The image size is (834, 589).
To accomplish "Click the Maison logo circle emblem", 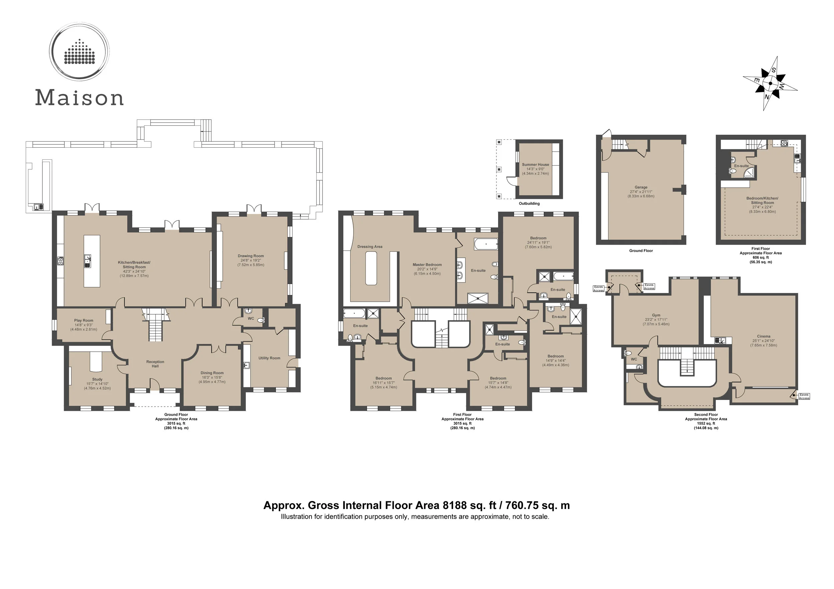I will click(79, 52).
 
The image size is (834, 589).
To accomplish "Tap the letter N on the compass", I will click(767, 97).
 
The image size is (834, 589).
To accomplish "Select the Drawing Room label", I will click(251, 256).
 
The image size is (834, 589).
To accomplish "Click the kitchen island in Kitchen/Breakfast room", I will click(91, 261).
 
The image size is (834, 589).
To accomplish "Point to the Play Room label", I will click(83, 320).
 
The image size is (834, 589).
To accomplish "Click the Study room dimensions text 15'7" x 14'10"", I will click(97, 384).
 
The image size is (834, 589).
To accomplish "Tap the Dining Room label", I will click(212, 373).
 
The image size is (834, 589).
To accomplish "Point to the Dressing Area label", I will click(370, 247).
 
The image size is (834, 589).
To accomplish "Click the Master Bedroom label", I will click(427, 265).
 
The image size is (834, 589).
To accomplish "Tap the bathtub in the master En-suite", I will click(486, 244).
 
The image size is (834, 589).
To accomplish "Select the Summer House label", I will click(535, 164).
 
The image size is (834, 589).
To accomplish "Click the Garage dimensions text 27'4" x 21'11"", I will click(641, 192).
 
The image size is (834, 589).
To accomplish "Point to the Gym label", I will click(656, 315).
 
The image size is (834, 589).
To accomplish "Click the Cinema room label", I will click(764, 336).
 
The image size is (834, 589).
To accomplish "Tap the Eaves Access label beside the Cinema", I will click(804, 397).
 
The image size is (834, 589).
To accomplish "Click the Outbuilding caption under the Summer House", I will click(529, 204).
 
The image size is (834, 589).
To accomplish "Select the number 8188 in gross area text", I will click(454, 506).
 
